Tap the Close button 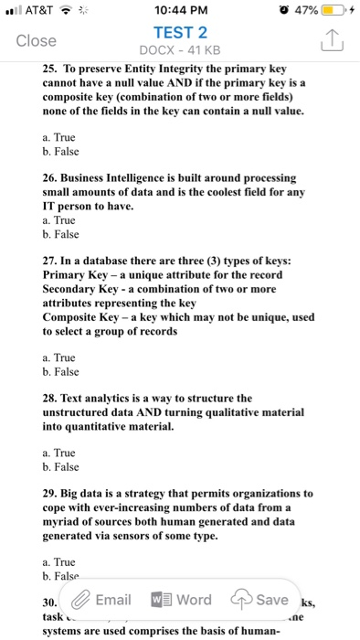tap(37, 40)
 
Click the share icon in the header tap(331, 39)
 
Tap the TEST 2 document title tap(179, 30)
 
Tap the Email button tap(101, 600)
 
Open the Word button tap(179, 600)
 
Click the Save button tap(260, 600)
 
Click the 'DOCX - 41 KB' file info tap(179, 48)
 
